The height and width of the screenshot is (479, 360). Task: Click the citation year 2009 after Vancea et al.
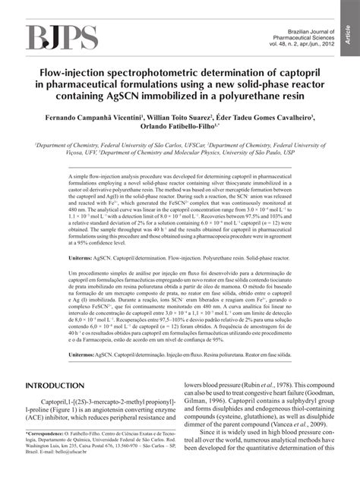(313, 426)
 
